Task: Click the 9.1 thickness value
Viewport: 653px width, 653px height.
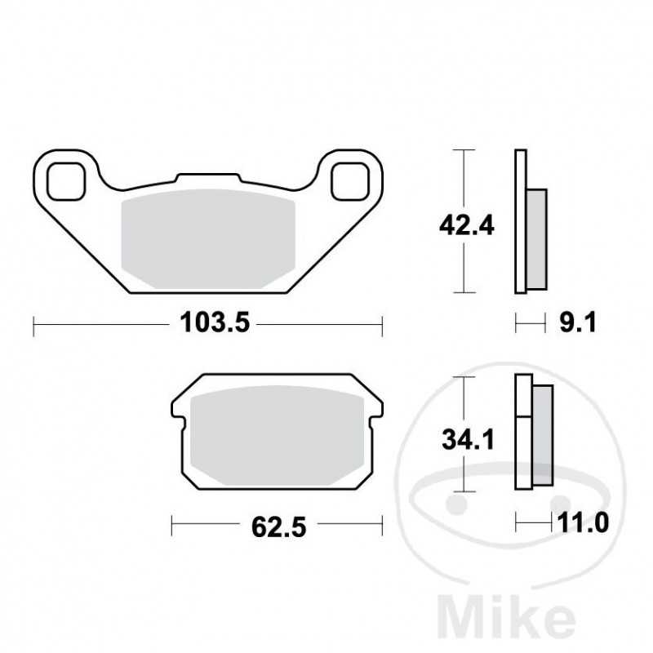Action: coord(581,325)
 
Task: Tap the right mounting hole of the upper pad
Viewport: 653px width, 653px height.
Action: coord(350,180)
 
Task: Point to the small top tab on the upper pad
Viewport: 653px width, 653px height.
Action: coord(207,177)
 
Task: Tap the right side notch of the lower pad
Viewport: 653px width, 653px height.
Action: coord(379,413)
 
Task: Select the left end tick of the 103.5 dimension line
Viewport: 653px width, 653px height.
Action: coord(33,326)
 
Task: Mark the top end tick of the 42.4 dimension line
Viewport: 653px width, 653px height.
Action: coord(463,151)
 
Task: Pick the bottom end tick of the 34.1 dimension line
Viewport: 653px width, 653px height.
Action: coord(463,492)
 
